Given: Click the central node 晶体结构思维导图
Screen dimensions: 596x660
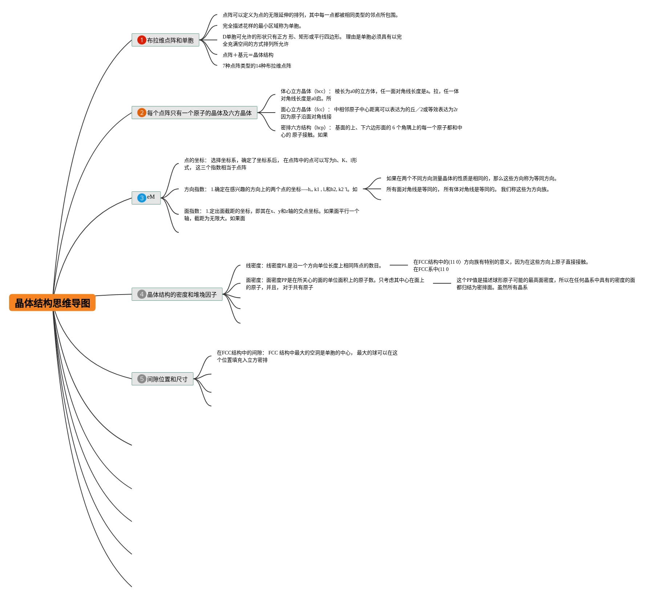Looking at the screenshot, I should (x=52, y=303).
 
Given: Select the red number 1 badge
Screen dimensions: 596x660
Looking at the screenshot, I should (x=142, y=40).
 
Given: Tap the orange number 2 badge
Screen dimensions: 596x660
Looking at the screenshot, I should (x=142, y=113).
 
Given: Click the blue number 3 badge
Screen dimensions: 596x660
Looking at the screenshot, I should (x=142, y=198).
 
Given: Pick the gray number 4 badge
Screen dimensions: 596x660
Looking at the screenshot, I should (x=142, y=294).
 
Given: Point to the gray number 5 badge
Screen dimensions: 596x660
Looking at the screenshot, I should (x=142, y=379).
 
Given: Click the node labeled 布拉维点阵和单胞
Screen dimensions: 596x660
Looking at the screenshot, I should (x=170, y=40).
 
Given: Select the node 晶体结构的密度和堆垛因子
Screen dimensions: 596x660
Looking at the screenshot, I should (x=182, y=295).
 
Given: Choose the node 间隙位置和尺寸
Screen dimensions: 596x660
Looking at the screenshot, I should (x=167, y=379).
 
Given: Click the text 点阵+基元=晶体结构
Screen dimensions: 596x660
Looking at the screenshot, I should (x=248, y=55).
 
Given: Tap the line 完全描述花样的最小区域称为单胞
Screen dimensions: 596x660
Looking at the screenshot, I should (x=262, y=26).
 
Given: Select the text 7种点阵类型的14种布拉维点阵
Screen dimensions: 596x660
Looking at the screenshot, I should (x=257, y=66).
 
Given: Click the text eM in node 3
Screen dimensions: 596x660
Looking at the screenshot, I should (x=151, y=197).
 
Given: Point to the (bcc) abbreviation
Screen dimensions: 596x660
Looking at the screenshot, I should (x=320, y=91).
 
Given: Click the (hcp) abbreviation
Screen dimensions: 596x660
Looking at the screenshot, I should (x=320, y=127).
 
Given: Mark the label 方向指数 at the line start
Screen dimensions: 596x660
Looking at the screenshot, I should (x=195, y=189).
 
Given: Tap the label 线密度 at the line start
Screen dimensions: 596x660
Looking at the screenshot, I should (x=254, y=265).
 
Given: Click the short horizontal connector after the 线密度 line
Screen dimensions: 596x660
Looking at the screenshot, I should (x=398, y=265).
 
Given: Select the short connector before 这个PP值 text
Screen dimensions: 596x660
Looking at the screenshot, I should (x=442, y=283).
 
